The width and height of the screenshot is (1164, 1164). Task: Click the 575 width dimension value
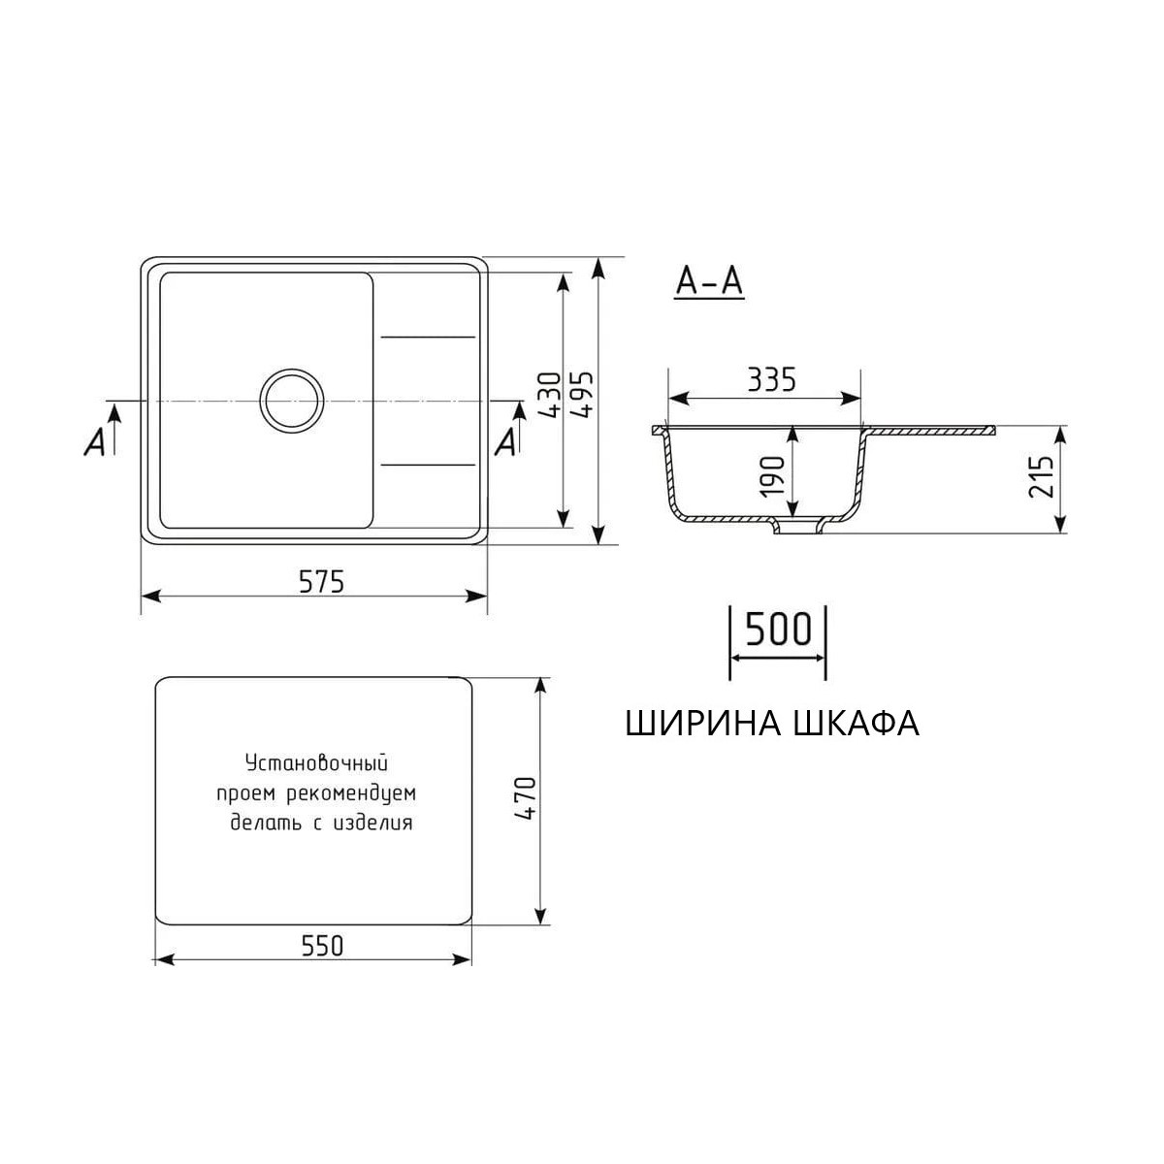(321, 581)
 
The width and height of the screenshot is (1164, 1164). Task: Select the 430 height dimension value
(549, 395)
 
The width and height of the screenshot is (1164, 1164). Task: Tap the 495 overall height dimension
(585, 395)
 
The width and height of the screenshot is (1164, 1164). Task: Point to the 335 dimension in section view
(771, 379)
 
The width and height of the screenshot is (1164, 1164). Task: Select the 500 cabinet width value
(778, 630)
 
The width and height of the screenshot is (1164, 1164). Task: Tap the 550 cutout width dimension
(321, 945)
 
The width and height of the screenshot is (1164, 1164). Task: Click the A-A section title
(709, 281)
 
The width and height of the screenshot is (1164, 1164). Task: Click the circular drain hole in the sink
(291, 400)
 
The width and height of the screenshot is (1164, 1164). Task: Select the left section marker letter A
(95, 442)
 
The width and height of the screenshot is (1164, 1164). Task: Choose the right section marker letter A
(505, 442)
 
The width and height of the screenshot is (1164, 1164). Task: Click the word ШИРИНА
(705, 724)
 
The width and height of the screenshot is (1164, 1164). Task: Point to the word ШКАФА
(857, 724)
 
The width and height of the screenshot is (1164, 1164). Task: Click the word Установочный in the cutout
(316, 762)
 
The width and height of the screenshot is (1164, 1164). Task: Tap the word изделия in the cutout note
(372, 824)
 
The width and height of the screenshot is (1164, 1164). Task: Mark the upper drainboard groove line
(428, 337)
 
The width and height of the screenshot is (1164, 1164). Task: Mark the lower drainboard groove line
(428, 464)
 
